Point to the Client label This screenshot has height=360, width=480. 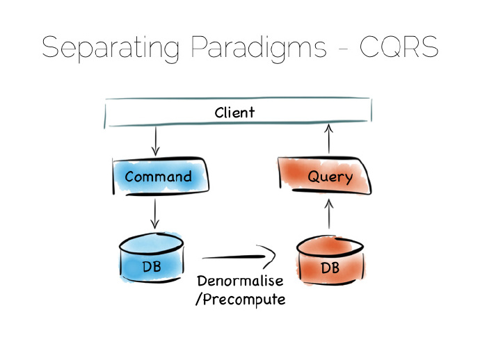[234, 112]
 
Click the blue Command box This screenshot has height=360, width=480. [158, 177]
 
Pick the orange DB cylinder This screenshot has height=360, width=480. [330, 261]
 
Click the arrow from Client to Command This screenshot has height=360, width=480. [155, 142]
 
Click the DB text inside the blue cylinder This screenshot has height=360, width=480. [152, 264]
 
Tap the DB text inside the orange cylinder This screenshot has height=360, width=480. [330, 267]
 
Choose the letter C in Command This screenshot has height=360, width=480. [130, 177]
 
